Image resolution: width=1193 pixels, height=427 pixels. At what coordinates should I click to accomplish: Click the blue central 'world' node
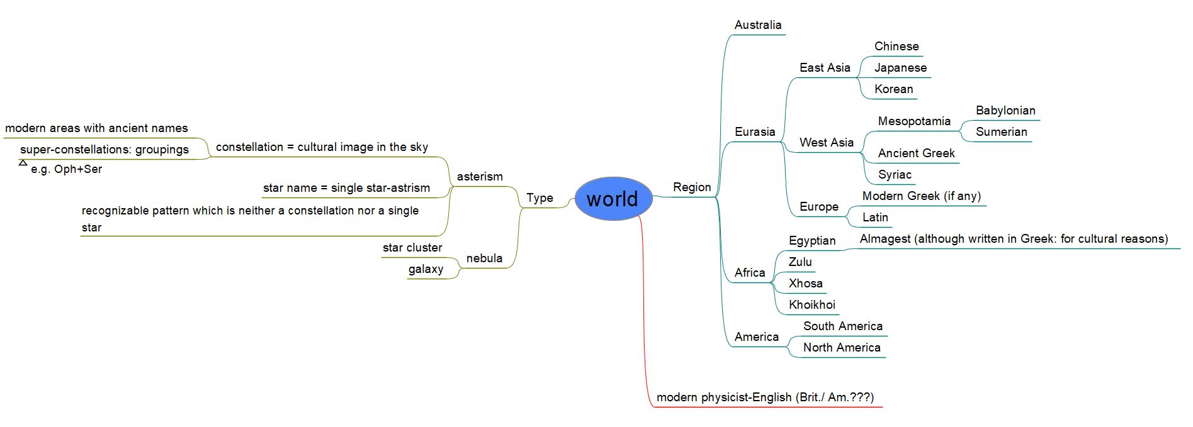coord(613,199)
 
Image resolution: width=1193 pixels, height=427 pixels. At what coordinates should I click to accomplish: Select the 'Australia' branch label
coord(757,25)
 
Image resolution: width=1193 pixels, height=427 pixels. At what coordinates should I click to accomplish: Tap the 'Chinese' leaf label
coord(896,47)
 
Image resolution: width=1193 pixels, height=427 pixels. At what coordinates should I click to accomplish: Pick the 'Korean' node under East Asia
coord(893,89)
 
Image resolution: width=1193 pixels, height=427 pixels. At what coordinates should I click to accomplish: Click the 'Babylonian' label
coord(1005,111)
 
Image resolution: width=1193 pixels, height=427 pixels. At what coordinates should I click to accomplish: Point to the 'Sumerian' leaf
coord(1001,132)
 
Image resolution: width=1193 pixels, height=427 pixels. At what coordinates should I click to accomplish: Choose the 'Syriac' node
coord(894,175)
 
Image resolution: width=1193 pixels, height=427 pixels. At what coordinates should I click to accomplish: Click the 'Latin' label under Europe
coord(874,218)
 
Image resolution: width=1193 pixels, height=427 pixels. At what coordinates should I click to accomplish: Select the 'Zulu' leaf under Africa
coord(800,262)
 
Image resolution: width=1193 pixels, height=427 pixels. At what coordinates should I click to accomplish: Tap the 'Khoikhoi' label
coord(811,305)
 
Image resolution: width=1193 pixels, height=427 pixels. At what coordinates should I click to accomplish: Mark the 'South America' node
coord(842,326)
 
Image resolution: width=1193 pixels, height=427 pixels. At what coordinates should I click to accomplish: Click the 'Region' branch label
coord(691,187)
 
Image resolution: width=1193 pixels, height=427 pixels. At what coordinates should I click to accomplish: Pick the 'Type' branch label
coord(540,198)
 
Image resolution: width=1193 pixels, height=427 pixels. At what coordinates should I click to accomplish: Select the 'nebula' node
coord(484,258)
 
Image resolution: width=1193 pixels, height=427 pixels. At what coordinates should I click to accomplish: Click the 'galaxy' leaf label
coord(426,269)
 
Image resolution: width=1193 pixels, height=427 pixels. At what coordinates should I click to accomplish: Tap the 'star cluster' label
coord(412,248)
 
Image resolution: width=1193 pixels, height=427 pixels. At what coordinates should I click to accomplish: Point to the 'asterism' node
coord(480,177)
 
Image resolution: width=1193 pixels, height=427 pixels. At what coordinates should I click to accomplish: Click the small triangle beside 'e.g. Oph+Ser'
coord(23,163)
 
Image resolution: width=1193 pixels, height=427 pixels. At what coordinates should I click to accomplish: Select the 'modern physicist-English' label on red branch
coord(764,397)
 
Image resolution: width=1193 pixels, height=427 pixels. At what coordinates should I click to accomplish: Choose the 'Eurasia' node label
coord(754,132)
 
